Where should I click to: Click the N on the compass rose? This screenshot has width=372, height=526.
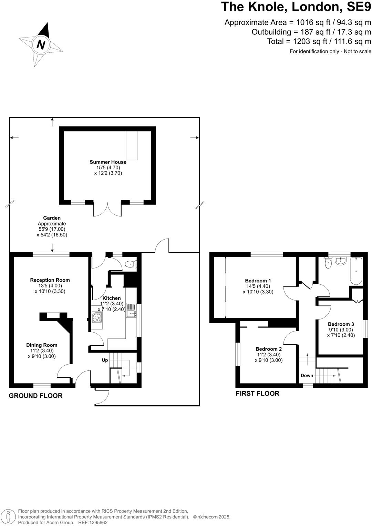pyautogui.click(x=41, y=45)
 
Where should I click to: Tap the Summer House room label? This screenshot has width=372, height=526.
pyautogui.click(x=108, y=162)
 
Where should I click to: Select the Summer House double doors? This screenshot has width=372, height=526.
pyautogui.click(x=107, y=209)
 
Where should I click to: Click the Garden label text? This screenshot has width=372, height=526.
pyautogui.click(x=52, y=218)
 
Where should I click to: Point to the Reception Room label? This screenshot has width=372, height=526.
pyautogui.click(x=50, y=280)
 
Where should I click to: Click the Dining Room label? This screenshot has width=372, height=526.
pyautogui.click(x=42, y=345)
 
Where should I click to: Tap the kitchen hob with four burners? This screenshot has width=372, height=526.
pyautogui.click(x=97, y=317)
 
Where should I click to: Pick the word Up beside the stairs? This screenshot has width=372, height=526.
pyautogui.click(x=105, y=360)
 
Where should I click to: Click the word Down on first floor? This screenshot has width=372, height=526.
pyautogui.click(x=307, y=376)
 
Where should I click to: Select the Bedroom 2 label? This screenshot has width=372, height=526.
pyautogui.click(x=269, y=349)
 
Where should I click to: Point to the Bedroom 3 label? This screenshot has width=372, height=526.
pyautogui.click(x=341, y=324)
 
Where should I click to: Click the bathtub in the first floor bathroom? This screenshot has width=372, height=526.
pyautogui.click(x=356, y=271)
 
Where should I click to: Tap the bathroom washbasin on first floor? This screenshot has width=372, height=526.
pyautogui.click(x=340, y=261)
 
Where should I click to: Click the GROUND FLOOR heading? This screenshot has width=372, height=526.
pyautogui.click(x=35, y=396)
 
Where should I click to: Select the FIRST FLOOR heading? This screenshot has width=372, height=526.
pyautogui.click(x=257, y=393)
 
